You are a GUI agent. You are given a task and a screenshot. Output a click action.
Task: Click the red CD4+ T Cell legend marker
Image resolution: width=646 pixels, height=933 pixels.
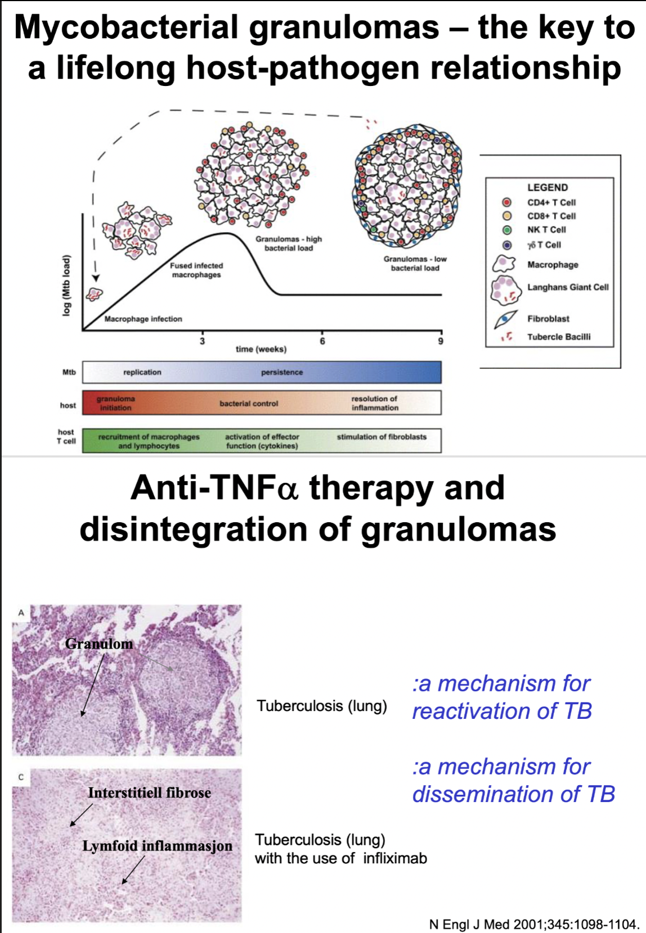(x=506, y=202)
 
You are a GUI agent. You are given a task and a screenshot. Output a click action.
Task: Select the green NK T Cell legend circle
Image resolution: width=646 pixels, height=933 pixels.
(x=506, y=230)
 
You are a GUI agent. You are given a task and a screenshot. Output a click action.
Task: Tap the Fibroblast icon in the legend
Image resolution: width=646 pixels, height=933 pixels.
(x=505, y=319)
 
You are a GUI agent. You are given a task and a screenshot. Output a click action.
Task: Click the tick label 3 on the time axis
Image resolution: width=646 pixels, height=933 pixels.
(x=202, y=341)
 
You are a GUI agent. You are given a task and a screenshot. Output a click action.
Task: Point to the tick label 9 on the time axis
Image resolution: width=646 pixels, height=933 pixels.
(x=441, y=341)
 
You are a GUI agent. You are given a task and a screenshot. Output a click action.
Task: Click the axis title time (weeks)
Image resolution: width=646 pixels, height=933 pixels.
(x=261, y=349)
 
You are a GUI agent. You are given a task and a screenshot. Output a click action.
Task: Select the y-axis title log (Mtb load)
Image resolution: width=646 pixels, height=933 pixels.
(x=67, y=285)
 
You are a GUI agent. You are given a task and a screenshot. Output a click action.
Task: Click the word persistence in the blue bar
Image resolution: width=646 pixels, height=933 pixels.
(x=281, y=372)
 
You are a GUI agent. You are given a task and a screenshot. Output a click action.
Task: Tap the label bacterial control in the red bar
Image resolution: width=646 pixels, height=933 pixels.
(x=249, y=404)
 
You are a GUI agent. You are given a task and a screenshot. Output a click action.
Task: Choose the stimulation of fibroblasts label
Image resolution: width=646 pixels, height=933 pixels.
(x=382, y=437)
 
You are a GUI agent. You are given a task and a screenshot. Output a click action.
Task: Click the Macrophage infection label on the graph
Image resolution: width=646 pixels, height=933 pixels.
(x=143, y=319)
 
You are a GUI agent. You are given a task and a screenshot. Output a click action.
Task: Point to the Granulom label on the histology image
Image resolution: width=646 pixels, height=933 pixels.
(x=99, y=644)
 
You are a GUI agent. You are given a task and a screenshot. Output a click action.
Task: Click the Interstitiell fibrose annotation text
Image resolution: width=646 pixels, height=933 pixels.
(x=150, y=793)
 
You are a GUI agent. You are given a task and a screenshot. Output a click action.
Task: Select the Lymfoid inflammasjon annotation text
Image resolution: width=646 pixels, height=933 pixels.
(x=157, y=846)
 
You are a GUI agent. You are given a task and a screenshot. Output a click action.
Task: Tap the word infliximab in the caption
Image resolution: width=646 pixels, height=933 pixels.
(x=394, y=858)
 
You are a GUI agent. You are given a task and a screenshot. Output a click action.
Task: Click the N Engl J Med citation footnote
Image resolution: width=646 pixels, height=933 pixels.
(x=533, y=925)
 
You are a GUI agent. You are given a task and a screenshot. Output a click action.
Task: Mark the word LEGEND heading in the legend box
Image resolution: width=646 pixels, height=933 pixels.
(x=548, y=188)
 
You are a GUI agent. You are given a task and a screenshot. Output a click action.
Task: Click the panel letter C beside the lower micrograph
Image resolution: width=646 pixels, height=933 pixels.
(x=21, y=777)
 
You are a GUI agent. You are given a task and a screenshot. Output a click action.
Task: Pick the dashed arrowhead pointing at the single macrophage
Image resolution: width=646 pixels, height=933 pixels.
(x=96, y=278)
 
